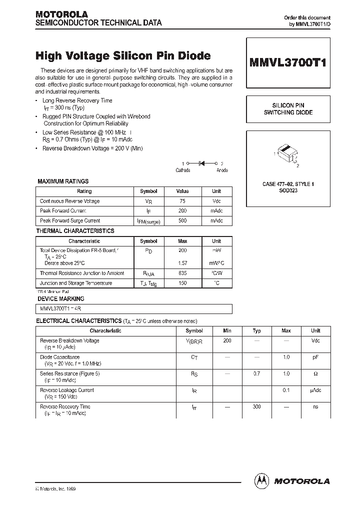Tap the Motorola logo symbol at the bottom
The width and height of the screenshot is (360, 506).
point(261,480)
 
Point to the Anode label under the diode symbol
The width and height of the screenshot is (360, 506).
point(222,170)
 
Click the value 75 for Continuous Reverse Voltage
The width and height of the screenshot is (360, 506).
point(182,201)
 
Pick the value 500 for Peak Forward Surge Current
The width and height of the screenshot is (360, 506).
point(182,220)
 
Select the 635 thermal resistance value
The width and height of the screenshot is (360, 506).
point(182,273)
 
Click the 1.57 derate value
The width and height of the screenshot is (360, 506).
point(182,263)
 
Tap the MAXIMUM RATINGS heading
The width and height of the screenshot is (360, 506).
point(63,181)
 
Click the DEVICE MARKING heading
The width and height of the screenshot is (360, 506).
point(60,299)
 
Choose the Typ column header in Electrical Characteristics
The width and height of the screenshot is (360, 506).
point(256,330)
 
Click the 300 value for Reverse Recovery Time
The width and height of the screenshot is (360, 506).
point(256,407)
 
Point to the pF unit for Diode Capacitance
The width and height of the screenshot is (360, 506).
point(315,357)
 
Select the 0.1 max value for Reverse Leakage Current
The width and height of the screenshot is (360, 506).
point(286,390)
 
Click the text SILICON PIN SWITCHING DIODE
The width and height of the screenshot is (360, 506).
point(288,109)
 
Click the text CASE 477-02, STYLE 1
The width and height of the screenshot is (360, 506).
point(288,184)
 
